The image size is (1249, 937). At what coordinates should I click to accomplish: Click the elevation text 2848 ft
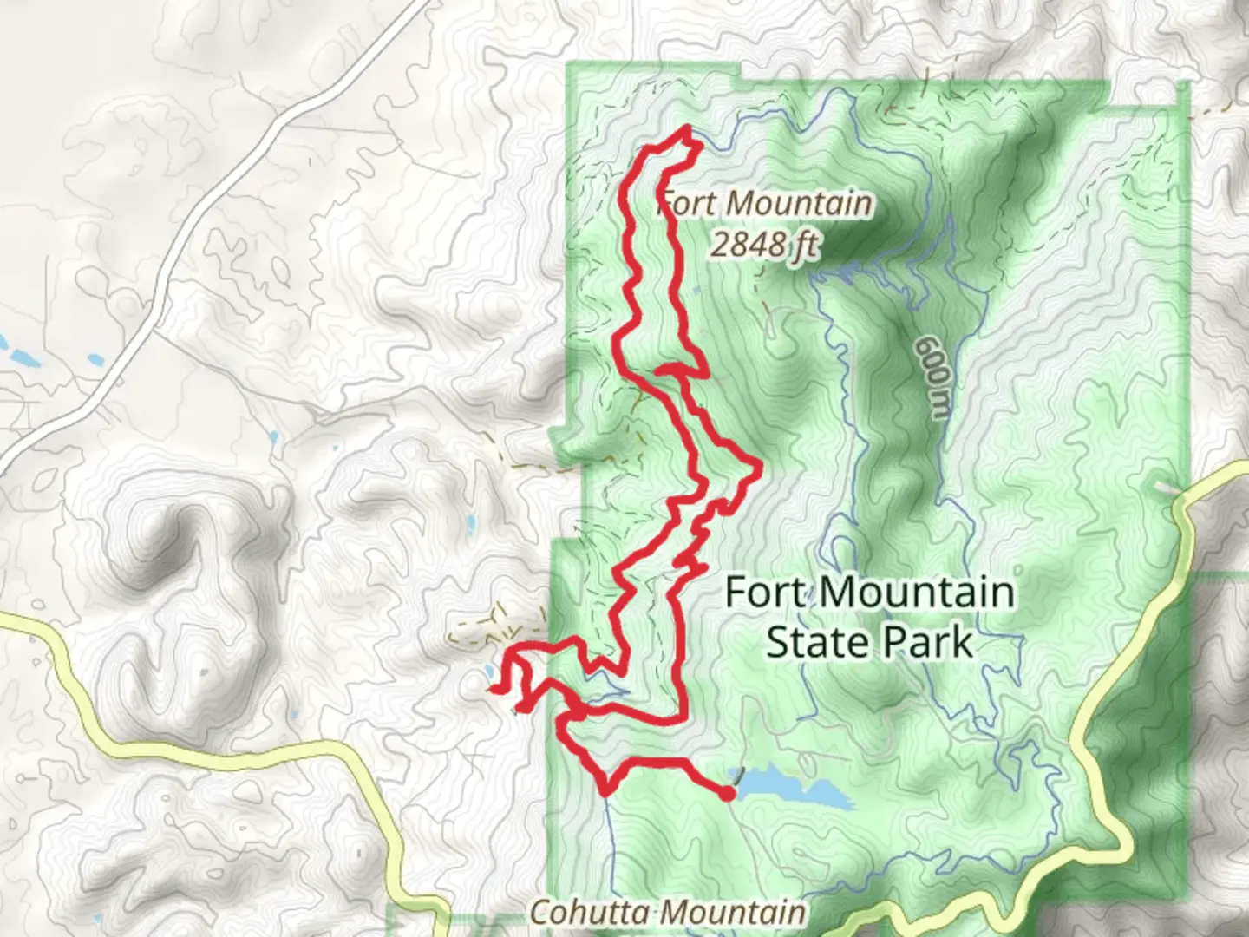tap(763, 245)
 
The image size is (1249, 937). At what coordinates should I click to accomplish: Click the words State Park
tap(869, 643)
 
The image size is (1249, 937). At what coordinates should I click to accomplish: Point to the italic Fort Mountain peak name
tap(763, 203)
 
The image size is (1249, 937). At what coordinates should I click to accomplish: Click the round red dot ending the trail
tap(728, 792)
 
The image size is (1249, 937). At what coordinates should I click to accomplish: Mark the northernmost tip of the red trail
tap(688, 128)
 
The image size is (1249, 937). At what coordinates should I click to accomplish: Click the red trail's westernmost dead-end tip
tap(492, 689)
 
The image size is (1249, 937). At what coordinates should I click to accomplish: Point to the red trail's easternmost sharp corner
tap(760, 468)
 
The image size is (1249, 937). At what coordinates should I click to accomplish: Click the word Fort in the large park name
tap(767, 593)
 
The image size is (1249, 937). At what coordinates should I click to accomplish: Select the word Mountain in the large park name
tap(916, 593)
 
